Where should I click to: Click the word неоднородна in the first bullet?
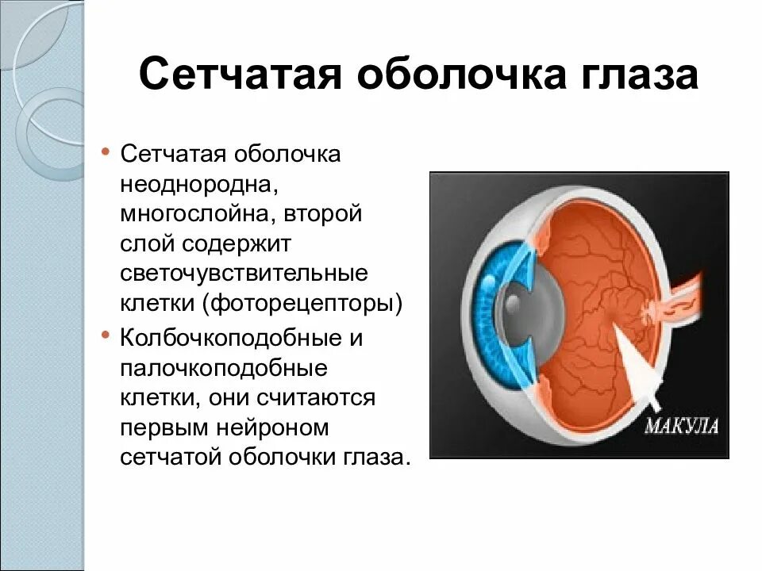(x=198, y=184)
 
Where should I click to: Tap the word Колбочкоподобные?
(x=229, y=338)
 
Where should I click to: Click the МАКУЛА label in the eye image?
(x=681, y=425)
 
